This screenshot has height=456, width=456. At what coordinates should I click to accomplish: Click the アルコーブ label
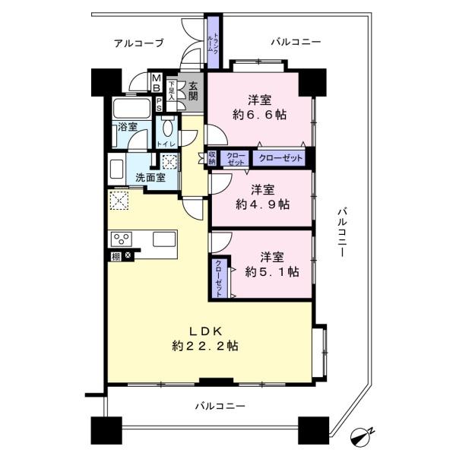point(138,43)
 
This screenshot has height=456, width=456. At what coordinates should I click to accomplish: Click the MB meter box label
point(156,81)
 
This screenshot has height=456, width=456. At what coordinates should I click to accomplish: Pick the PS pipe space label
point(159,104)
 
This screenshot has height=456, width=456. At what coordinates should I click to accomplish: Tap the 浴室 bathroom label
point(127,127)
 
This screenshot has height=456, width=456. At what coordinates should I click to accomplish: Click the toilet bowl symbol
point(169,127)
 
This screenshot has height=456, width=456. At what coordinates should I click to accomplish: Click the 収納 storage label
point(211,159)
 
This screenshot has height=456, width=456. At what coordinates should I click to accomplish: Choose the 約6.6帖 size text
point(260,115)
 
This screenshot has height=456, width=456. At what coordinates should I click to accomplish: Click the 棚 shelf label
point(116,256)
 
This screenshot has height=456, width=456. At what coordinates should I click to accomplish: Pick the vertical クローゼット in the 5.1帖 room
point(219,277)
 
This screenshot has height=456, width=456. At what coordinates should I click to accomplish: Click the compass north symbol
point(363,437)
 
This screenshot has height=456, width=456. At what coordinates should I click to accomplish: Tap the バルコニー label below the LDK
point(219,407)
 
